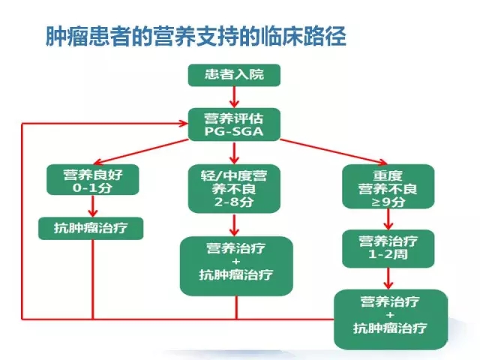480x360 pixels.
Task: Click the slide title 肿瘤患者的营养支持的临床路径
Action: point(196,36)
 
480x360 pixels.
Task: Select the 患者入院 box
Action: point(234,75)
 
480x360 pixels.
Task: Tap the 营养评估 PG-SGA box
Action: point(234,124)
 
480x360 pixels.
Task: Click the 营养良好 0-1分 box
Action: point(93,180)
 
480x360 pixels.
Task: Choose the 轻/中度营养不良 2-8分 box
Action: point(234,188)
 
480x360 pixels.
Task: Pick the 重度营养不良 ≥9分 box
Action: point(388,187)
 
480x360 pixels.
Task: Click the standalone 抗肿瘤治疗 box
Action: point(91,228)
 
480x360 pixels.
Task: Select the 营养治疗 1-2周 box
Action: point(388,248)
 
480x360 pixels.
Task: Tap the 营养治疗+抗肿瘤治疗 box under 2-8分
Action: point(236,266)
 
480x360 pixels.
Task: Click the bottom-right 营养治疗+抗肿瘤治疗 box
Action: point(391,319)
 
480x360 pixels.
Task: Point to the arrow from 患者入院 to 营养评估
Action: point(234,97)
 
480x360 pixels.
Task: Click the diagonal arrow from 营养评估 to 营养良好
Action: point(141,151)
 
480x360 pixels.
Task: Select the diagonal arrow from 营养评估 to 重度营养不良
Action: point(334,152)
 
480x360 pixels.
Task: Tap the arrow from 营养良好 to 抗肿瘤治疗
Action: point(93,206)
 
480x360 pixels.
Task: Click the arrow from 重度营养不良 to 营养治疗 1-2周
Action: point(388,219)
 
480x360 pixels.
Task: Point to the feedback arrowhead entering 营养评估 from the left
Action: point(184,123)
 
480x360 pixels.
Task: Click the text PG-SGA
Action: point(234,132)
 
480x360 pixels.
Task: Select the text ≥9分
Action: point(388,202)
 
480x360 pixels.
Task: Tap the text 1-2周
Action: point(388,254)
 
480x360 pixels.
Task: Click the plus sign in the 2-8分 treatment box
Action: point(236,262)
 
